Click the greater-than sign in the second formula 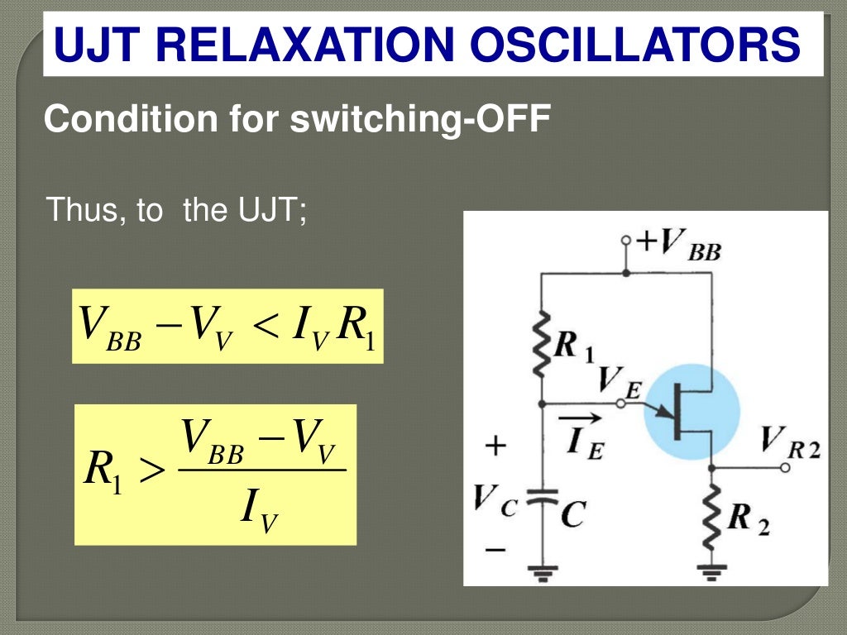151,472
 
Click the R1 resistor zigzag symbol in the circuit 542,343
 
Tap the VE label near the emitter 617,382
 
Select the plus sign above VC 495,446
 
